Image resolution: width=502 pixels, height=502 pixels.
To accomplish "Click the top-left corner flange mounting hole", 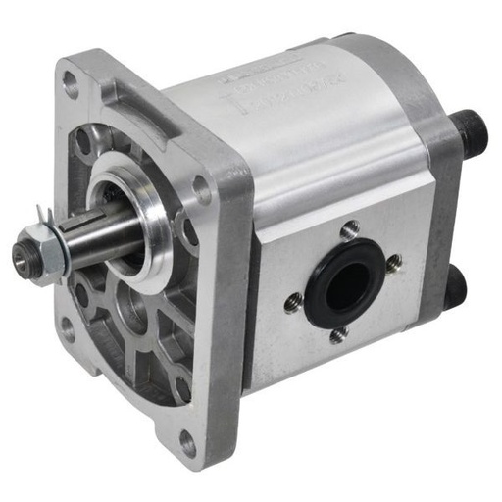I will [72, 85].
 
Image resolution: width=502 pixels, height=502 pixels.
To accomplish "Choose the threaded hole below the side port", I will [337, 336].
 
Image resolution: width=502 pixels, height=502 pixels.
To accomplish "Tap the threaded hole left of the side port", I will [292, 305].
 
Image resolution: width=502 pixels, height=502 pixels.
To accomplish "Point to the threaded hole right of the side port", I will [394, 263].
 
